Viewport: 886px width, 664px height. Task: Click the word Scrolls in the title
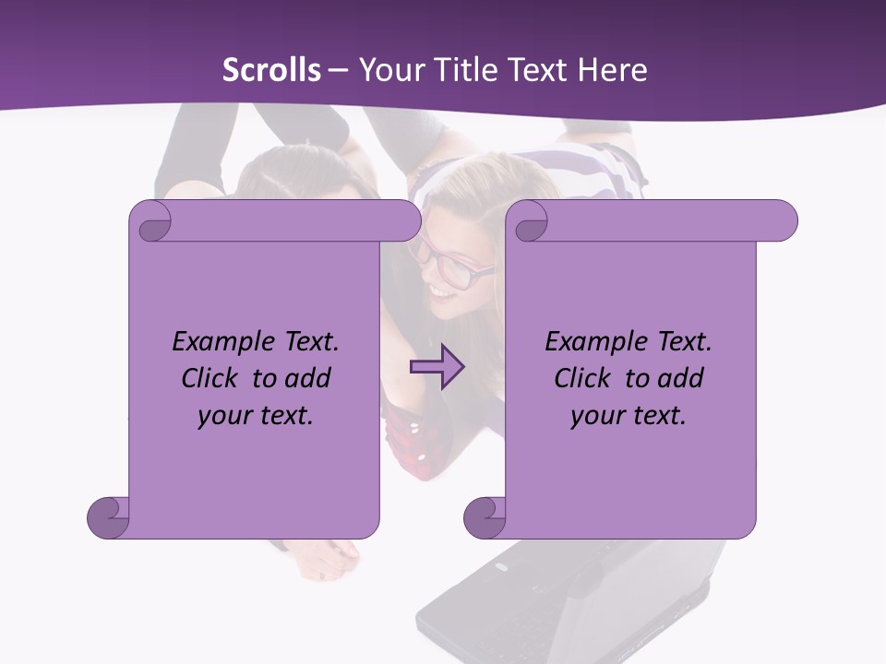tap(271, 70)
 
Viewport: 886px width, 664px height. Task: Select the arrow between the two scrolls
tap(437, 367)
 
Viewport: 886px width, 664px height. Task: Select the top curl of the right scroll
tap(530, 222)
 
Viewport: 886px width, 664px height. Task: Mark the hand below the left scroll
tap(328, 558)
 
